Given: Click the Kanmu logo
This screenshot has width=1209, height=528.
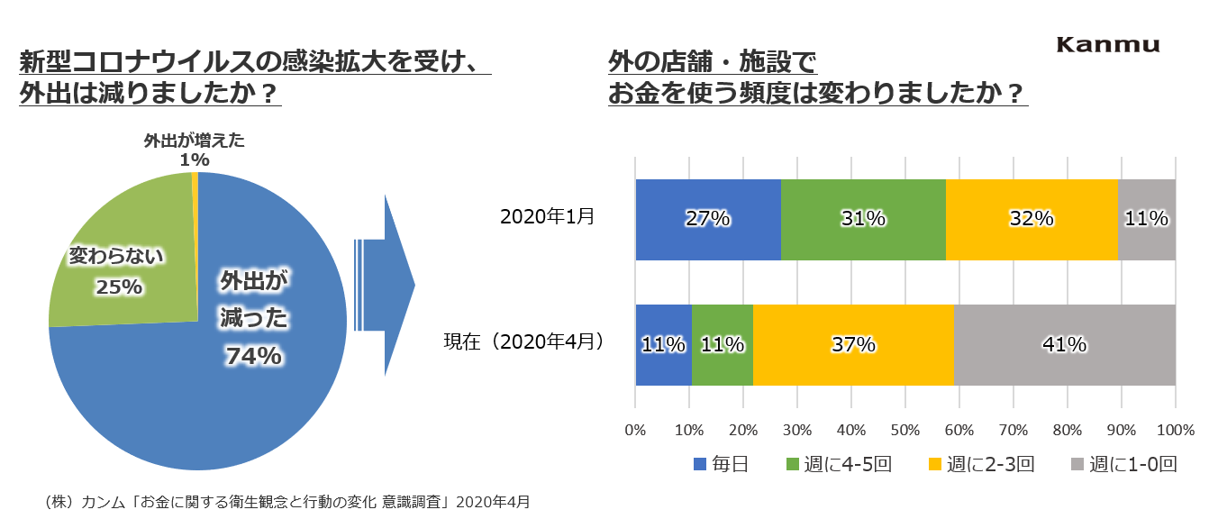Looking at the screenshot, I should pyautogui.click(x=1107, y=45).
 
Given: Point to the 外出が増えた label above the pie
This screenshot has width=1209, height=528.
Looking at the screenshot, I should pyautogui.click(x=194, y=141).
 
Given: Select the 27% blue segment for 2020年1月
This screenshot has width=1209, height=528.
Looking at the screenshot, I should pyautogui.click(x=708, y=219).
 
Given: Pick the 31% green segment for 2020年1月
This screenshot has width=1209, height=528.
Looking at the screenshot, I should pyautogui.click(x=863, y=219).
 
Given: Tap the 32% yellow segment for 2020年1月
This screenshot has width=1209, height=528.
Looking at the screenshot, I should pyautogui.click(x=1032, y=219).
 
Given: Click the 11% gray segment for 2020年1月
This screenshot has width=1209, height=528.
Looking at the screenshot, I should pyautogui.click(x=1147, y=219).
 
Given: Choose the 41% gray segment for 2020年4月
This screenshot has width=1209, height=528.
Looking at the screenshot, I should pyautogui.click(x=1065, y=344).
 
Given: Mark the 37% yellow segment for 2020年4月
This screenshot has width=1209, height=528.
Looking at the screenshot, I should pyautogui.click(x=853, y=344).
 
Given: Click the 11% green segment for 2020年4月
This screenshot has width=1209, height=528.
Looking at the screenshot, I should pyautogui.click(x=723, y=344).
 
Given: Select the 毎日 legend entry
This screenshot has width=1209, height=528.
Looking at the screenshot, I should pyautogui.click(x=721, y=465).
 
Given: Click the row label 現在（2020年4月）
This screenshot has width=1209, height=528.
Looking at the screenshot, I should pyautogui.click(x=523, y=342).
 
